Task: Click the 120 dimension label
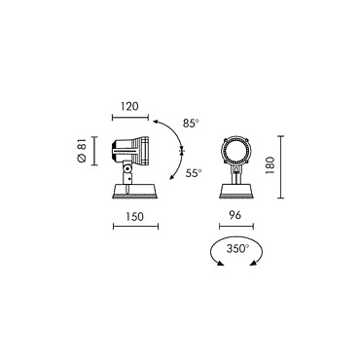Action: pos(129,106)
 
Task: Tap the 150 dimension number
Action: pos(134,216)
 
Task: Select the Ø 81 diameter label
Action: pos(82,150)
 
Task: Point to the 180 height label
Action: pos(270,165)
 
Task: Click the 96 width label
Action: pos(235,215)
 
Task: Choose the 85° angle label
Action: pos(191,124)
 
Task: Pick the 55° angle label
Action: pos(194,173)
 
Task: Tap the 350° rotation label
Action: pos(237,249)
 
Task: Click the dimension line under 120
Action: pos(130,118)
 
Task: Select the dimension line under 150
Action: pos(135,227)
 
